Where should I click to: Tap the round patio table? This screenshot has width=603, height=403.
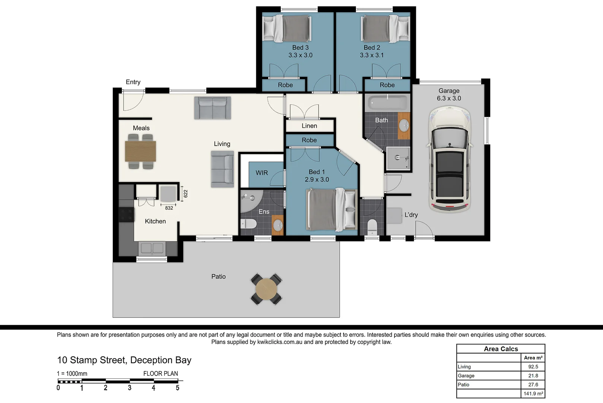pyautogui.click(x=266, y=289)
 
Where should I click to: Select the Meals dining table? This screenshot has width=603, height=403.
pyautogui.click(x=140, y=151)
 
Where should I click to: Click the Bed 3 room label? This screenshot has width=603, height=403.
pyautogui.click(x=300, y=51)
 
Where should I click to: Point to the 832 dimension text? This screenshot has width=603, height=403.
pyautogui.click(x=169, y=208)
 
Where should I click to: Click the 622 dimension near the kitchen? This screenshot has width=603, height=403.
pyautogui.click(x=185, y=194)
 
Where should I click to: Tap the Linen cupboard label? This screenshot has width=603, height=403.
pyautogui.click(x=309, y=126)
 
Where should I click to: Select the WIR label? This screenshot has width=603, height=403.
pyautogui.click(x=261, y=173)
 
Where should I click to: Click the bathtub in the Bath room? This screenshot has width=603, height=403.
pyautogui.click(x=387, y=102)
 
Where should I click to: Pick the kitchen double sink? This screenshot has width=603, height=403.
pyautogui.click(x=152, y=248)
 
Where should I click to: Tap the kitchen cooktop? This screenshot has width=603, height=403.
pyautogui.click(x=126, y=215)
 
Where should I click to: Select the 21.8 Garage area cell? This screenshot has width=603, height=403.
pyautogui.click(x=533, y=376)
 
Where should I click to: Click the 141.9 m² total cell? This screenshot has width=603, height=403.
pyautogui.click(x=533, y=394)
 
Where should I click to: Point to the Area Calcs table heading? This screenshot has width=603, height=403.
pyautogui.click(x=501, y=349)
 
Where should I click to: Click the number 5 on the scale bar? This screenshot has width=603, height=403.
pyautogui.click(x=177, y=388)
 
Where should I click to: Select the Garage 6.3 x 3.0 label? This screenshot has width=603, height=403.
pyautogui.click(x=449, y=94)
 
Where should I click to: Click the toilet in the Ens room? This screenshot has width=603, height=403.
pyautogui.click(x=249, y=224)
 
